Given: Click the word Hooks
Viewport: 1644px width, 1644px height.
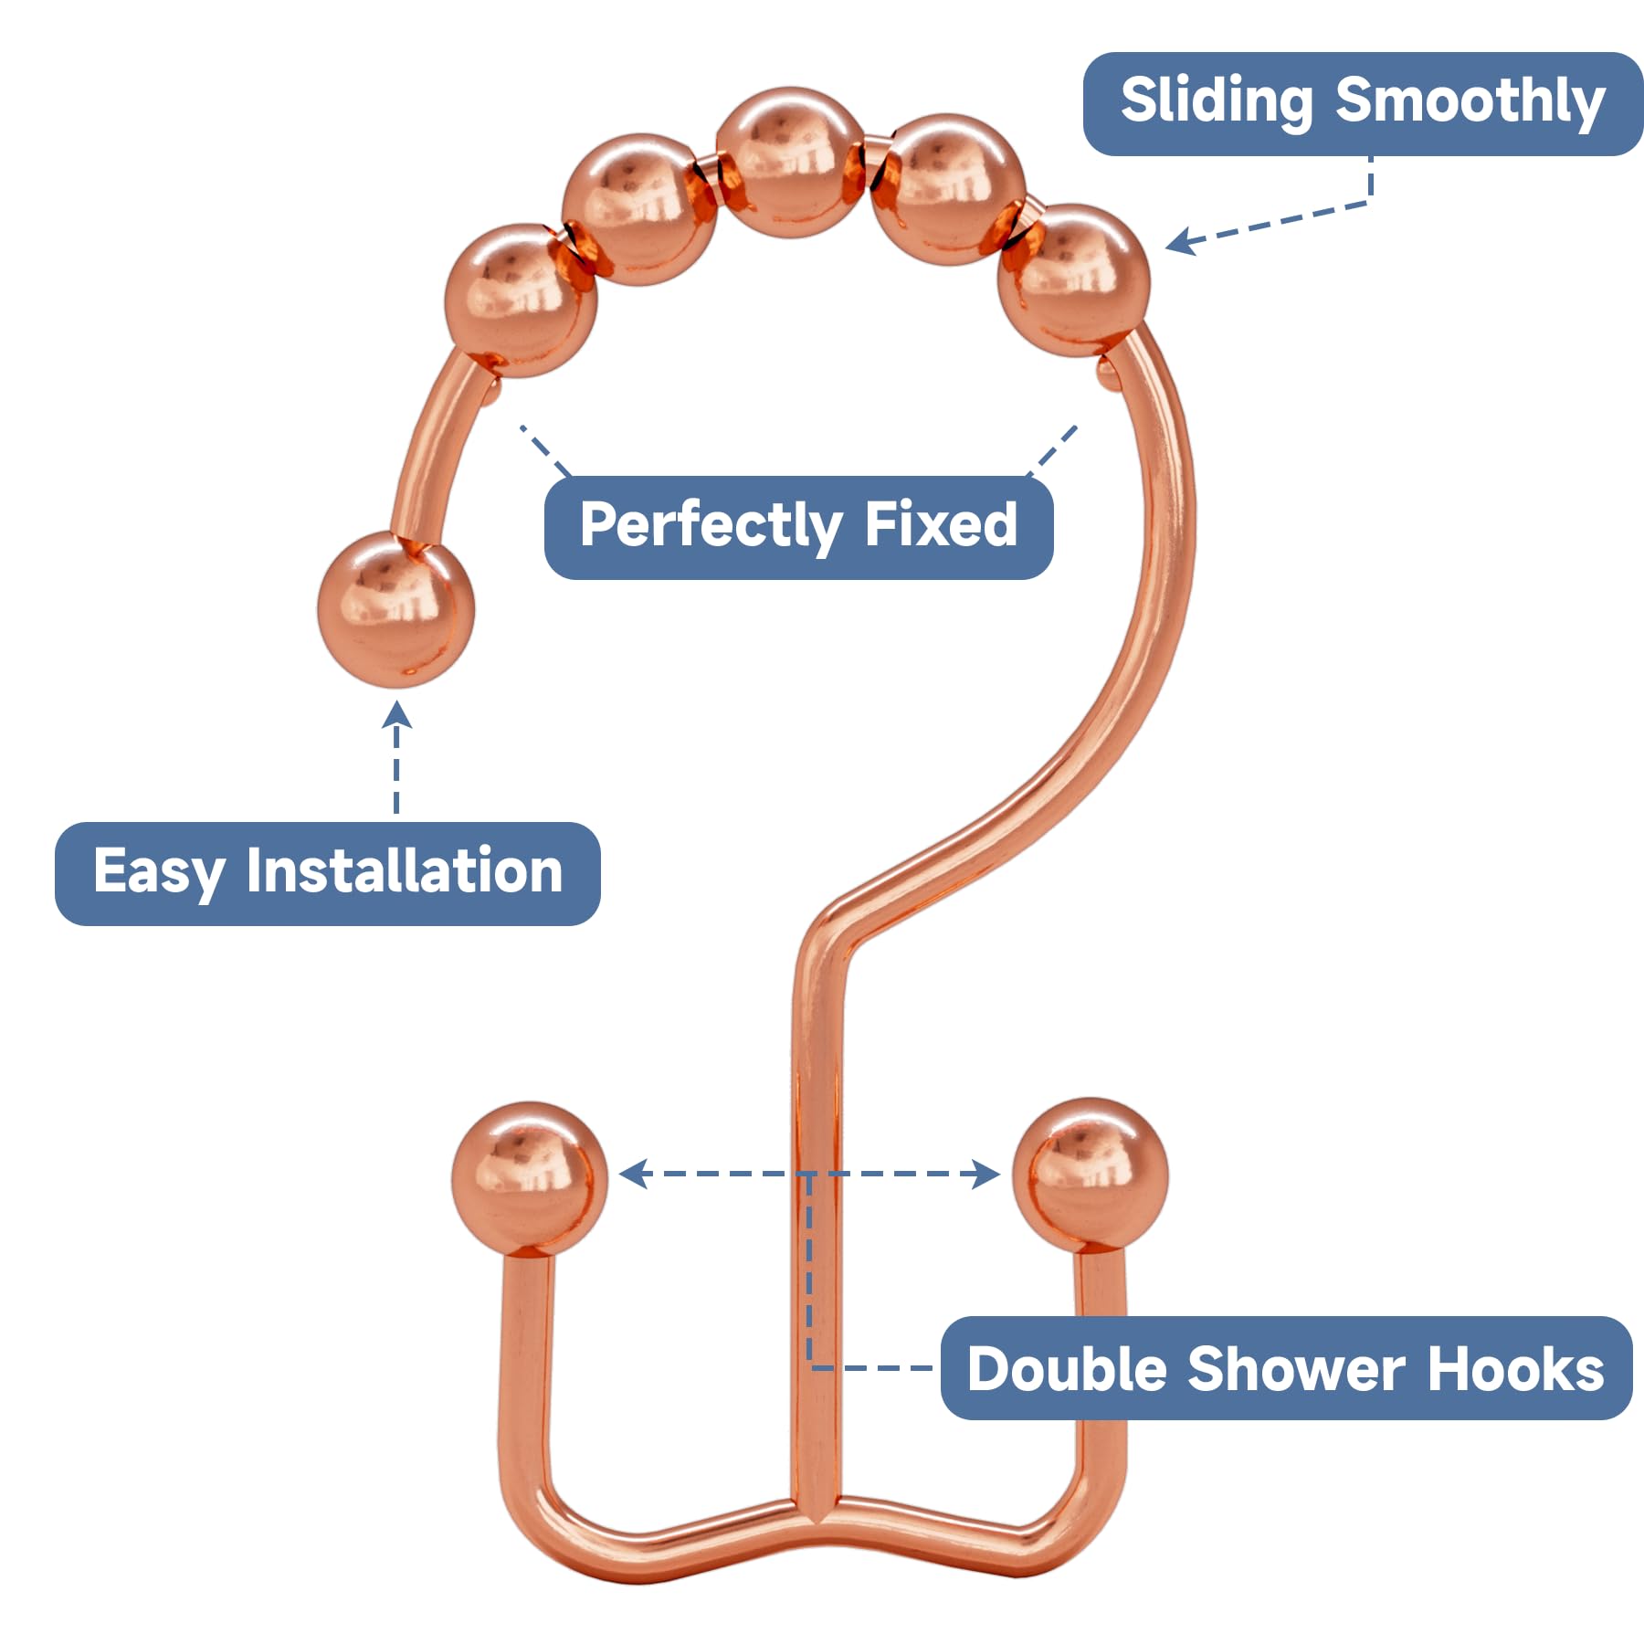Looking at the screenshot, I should pos(1516,1369).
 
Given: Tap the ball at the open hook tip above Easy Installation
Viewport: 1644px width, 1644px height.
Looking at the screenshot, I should pos(396,609).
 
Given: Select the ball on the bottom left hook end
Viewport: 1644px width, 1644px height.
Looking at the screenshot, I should pos(529,1177).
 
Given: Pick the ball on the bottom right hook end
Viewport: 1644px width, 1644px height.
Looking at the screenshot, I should pos(1091,1175).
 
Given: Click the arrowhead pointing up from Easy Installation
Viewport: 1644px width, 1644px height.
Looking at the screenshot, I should pos(396,713).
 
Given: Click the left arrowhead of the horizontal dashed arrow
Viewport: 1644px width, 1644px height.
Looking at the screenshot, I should pos(632,1174).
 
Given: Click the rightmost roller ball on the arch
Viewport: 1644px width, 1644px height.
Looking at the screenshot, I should pos(1073,279).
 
